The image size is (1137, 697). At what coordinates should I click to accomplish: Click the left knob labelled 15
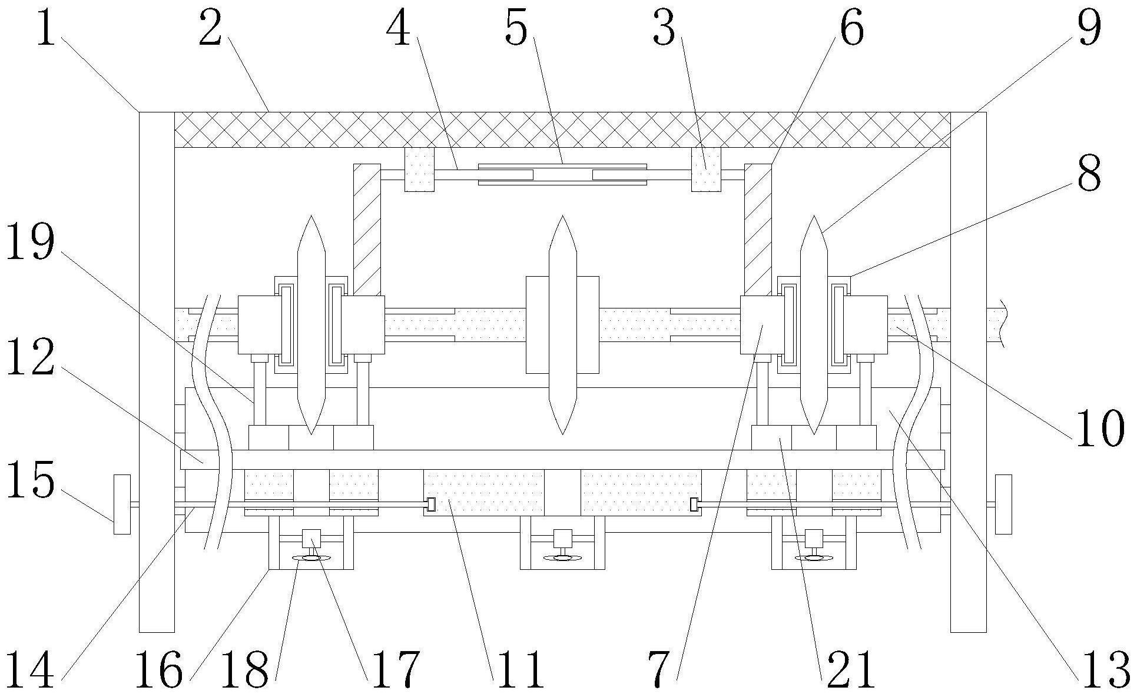(x=122, y=504)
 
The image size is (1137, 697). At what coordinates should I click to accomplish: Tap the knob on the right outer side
(x=1003, y=504)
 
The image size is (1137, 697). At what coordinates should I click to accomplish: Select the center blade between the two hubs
(x=562, y=325)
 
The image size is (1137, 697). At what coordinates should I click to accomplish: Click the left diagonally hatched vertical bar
(x=367, y=230)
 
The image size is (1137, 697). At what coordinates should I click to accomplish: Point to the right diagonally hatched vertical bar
(x=758, y=230)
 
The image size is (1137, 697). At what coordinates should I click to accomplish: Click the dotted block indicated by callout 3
(x=706, y=169)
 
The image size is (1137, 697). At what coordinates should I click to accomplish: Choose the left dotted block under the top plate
(x=419, y=169)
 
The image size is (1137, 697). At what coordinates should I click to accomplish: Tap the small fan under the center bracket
(x=562, y=557)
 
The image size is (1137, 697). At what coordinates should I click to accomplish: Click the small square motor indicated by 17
(x=311, y=538)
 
